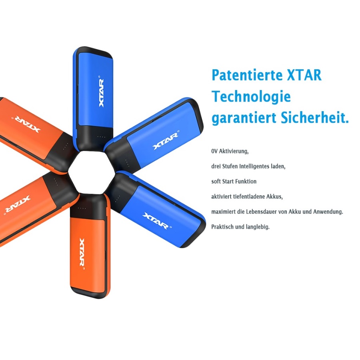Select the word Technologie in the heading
tap(251, 97)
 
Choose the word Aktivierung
tap(234, 152)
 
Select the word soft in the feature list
tap(216, 181)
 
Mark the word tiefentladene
tap(248, 196)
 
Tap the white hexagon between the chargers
tap(92, 173)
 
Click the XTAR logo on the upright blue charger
tap(101, 92)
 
